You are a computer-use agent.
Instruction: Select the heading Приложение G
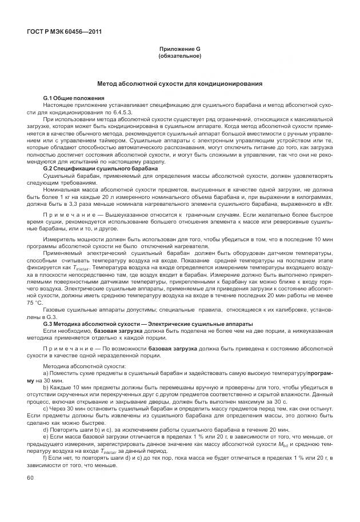[x=179, y=50]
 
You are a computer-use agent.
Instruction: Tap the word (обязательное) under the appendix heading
[x=179, y=57]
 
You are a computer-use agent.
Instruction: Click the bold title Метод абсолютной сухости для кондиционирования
[x=179, y=83]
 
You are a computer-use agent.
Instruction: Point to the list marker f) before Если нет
[x=45, y=443]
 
